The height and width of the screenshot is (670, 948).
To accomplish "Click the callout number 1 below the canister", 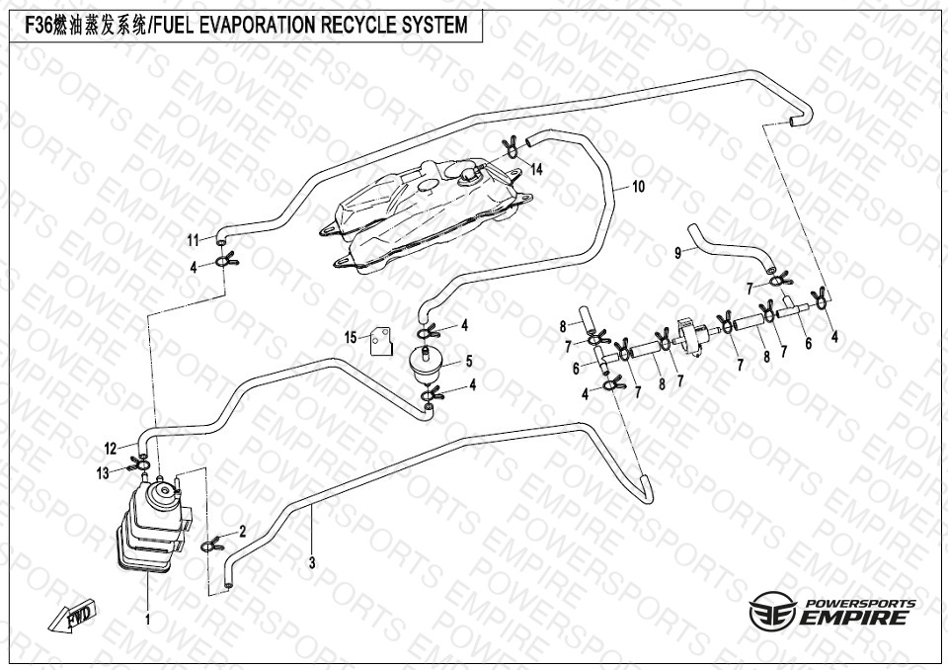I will point(148,621).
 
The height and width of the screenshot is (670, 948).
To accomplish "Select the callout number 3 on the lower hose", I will point(312,564).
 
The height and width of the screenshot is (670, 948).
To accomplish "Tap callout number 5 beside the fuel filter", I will point(469,362).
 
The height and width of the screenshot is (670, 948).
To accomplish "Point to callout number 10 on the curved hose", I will point(638,186).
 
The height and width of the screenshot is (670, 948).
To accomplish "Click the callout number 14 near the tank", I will point(537,170).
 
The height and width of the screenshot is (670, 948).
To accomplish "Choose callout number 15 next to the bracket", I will point(351,338).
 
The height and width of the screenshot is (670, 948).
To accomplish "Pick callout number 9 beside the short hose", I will point(678,253).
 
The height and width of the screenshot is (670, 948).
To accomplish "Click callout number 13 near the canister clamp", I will point(103,473).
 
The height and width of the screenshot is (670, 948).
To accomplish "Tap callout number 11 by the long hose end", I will point(194,240).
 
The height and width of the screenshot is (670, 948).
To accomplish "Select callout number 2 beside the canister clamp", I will point(243,532).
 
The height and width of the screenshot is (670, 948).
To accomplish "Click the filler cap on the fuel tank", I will point(466,174).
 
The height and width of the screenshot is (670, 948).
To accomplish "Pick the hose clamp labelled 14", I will point(512,147).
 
